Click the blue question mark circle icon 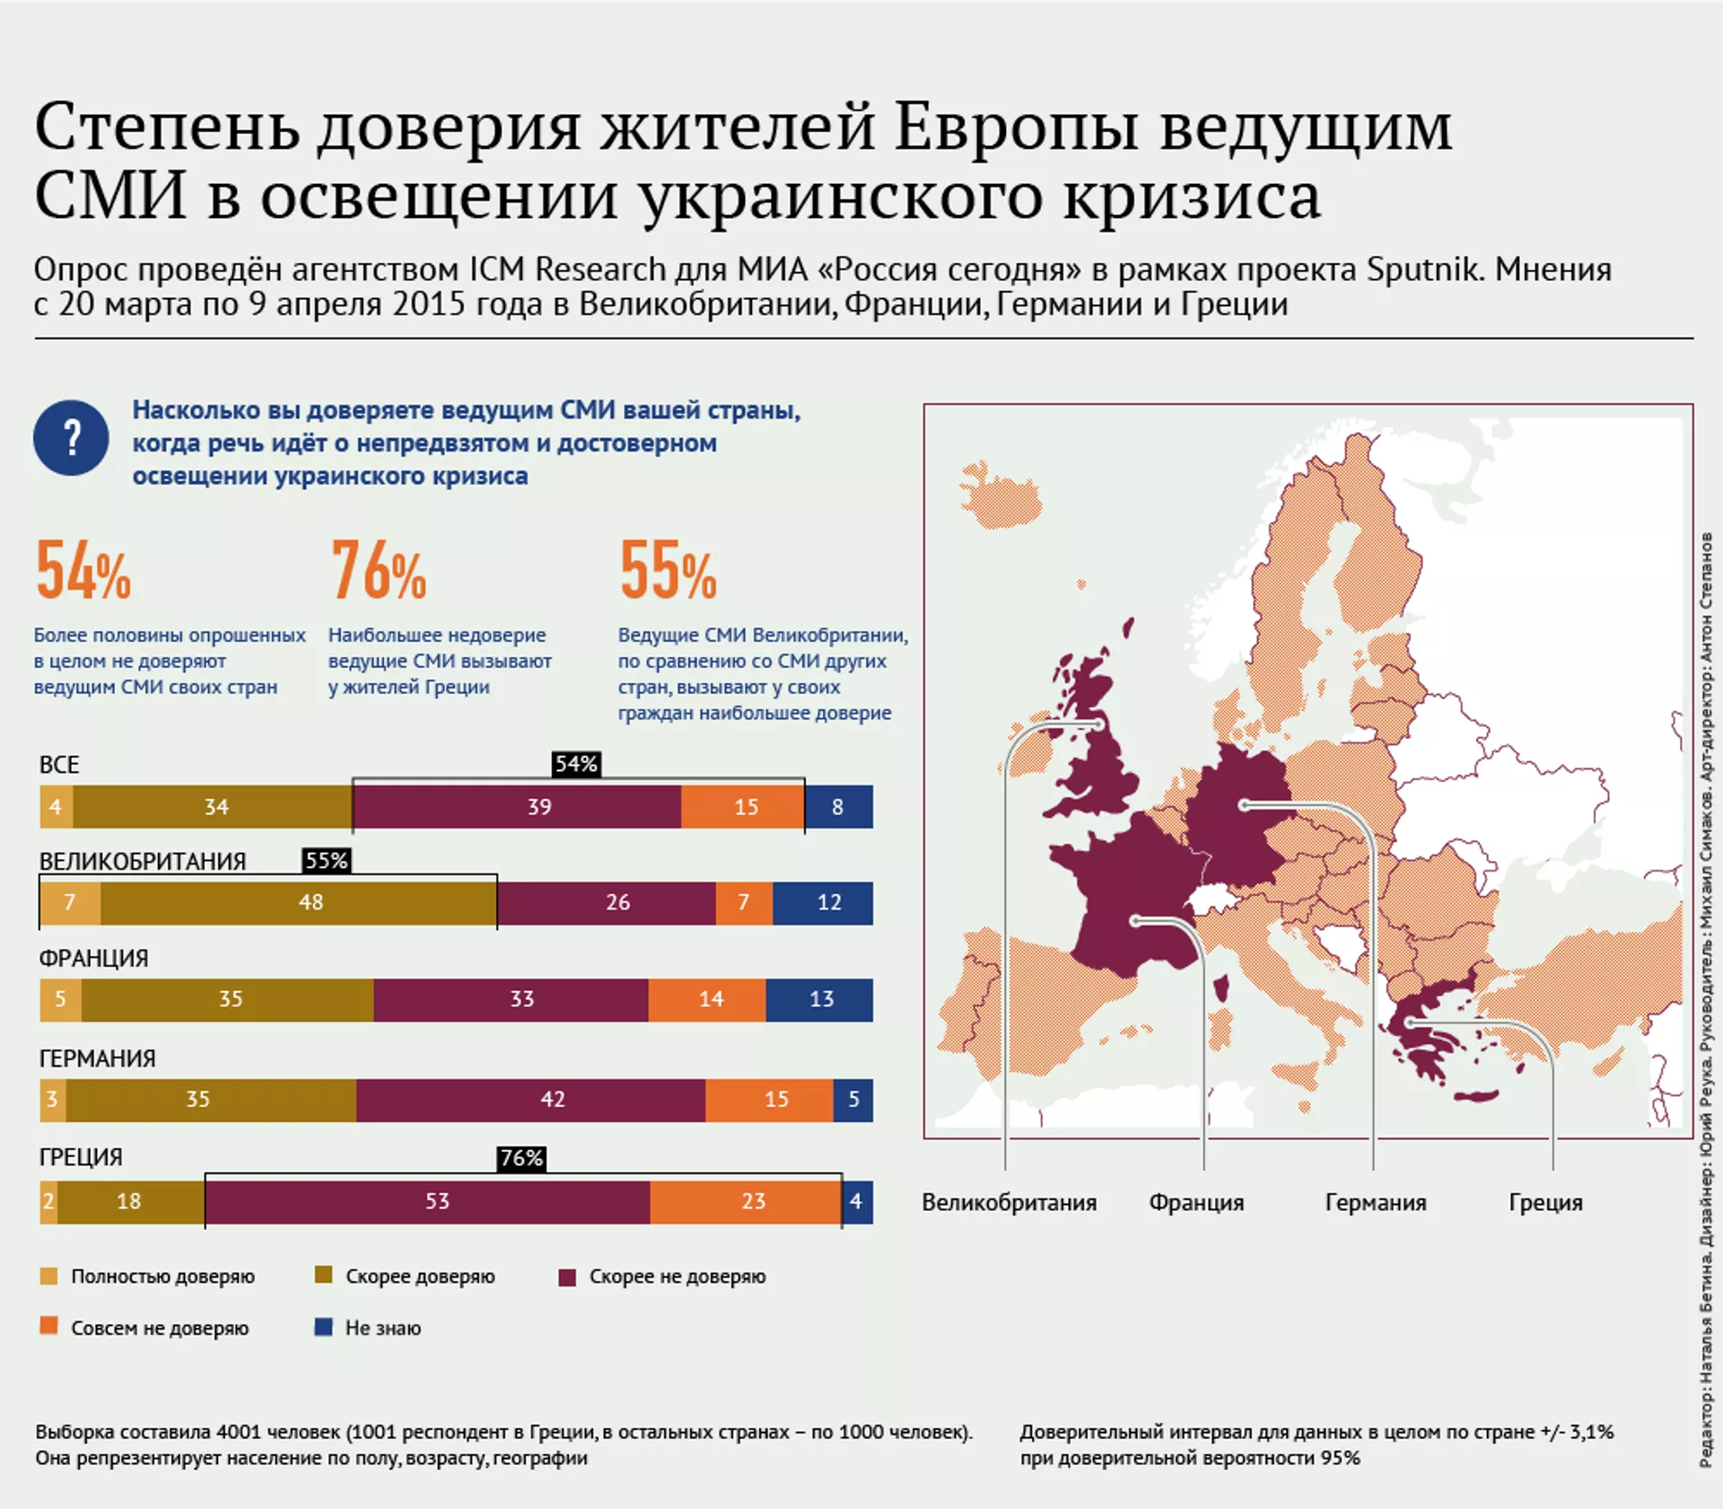click(71, 437)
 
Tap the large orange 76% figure click(378, 571)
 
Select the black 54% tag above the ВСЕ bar click(576, 764)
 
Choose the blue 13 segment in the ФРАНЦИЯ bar click(819, 999)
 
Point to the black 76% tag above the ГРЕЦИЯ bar click(521, 1158)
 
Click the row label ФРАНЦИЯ click(93, 958)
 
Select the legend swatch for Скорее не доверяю click(567, 1277)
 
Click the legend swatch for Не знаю click(324, 1327)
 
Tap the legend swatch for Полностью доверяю click(49, 1276)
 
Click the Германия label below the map click(1375, 1202)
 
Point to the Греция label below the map click(1545, 1202)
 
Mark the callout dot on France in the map click(1135, 921)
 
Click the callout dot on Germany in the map click(1244, 805)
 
